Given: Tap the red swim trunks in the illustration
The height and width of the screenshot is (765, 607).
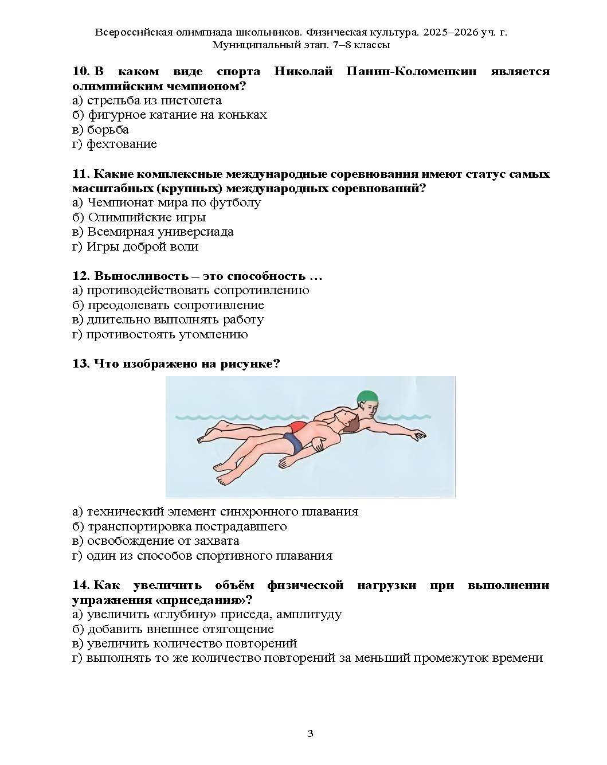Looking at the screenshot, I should click(x=297, y=427).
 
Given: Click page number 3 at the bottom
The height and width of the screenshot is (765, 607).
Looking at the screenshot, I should click(x=310, y=733).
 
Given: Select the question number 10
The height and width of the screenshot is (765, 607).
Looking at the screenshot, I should click(x=81, y=71).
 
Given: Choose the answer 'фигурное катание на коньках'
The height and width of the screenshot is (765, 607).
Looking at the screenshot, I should click(x=177, y=115).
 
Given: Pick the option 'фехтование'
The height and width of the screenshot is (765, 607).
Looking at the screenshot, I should click(x=122, y=144).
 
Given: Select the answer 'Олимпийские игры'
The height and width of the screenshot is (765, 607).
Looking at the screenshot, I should click(x=147, y=217).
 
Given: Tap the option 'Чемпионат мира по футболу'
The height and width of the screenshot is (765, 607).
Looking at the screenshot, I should click(x=174, y=202).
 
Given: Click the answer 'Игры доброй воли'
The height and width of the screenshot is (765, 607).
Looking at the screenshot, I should click(x=142, y=247).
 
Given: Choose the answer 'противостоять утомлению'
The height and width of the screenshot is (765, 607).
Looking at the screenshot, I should click(x=167, y=334).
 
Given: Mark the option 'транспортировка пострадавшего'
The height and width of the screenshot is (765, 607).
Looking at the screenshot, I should click(x=187, y=526).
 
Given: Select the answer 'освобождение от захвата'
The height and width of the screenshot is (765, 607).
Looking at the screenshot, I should click(x=163, y=541).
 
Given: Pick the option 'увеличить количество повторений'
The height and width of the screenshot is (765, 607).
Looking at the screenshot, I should click(x=191, y=643).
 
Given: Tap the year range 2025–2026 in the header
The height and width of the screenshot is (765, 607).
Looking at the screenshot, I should click(x=451, y=32).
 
